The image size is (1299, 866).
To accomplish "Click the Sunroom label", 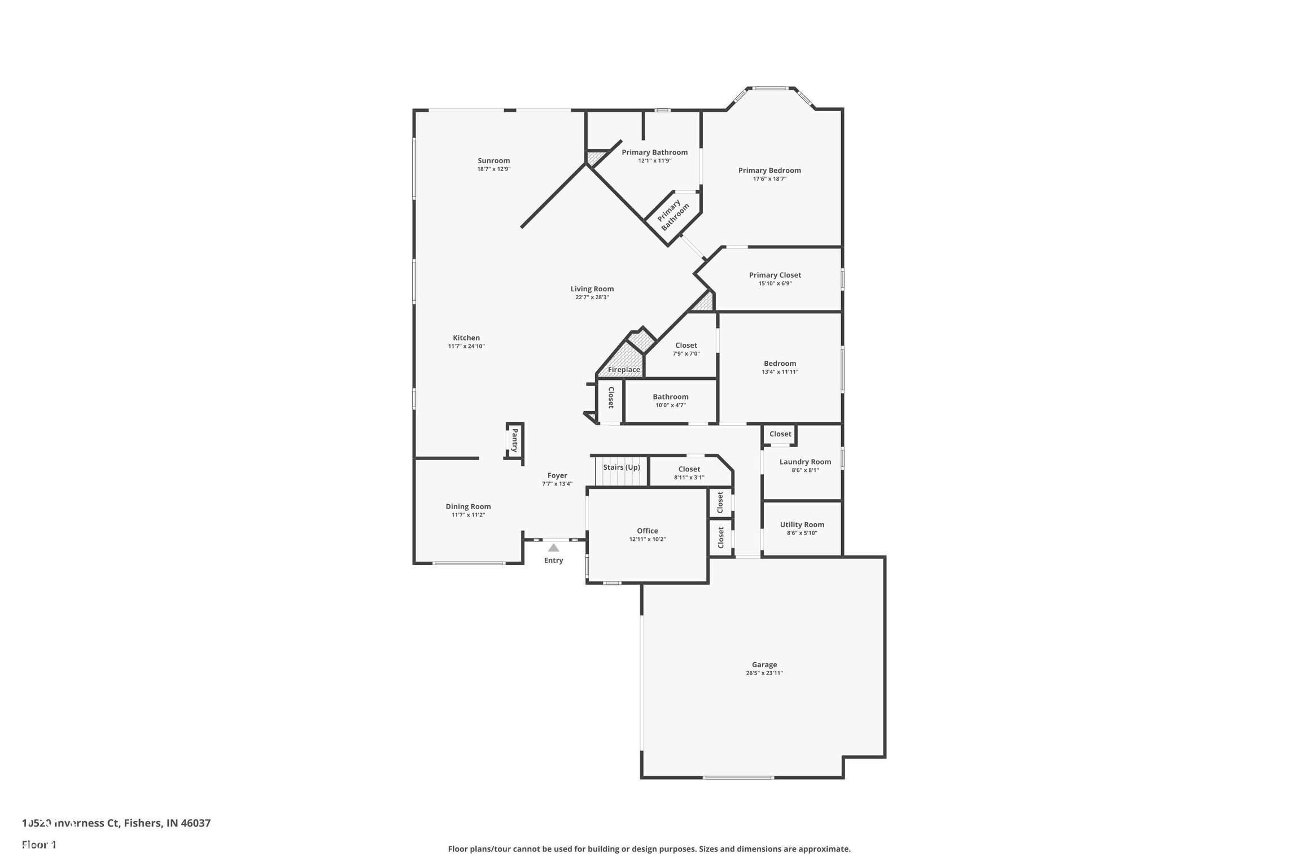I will pos(493,161).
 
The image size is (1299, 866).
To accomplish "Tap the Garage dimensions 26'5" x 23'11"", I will pos(764,673).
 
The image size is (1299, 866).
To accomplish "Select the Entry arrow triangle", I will pos(553,548).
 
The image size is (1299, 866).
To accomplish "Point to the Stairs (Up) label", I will pos(621,467).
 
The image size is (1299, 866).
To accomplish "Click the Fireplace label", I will pos(624,370).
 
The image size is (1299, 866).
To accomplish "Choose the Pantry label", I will pos(514,440).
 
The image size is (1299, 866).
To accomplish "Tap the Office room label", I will pos(647,531).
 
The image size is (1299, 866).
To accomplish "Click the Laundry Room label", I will pos(805,462).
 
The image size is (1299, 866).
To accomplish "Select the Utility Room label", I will pos(802,524).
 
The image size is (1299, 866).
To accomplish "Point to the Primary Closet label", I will pos(775,275).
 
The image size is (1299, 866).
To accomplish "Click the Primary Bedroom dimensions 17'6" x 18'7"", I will pos(769,179).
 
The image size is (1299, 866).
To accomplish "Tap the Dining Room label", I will pos(468,506).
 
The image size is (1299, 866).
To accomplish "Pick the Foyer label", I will pos(557,475).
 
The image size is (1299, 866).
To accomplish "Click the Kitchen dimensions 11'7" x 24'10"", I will pos(466,346).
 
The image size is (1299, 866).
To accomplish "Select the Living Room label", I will pos(592,289).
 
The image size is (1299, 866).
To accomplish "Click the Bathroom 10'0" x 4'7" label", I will pos(670,397).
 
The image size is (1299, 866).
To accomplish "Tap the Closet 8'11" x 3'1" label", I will pos(689,469).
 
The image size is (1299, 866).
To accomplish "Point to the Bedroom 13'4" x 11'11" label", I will pos(780,364).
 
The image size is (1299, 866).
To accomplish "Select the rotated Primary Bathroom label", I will pos(673,215).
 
